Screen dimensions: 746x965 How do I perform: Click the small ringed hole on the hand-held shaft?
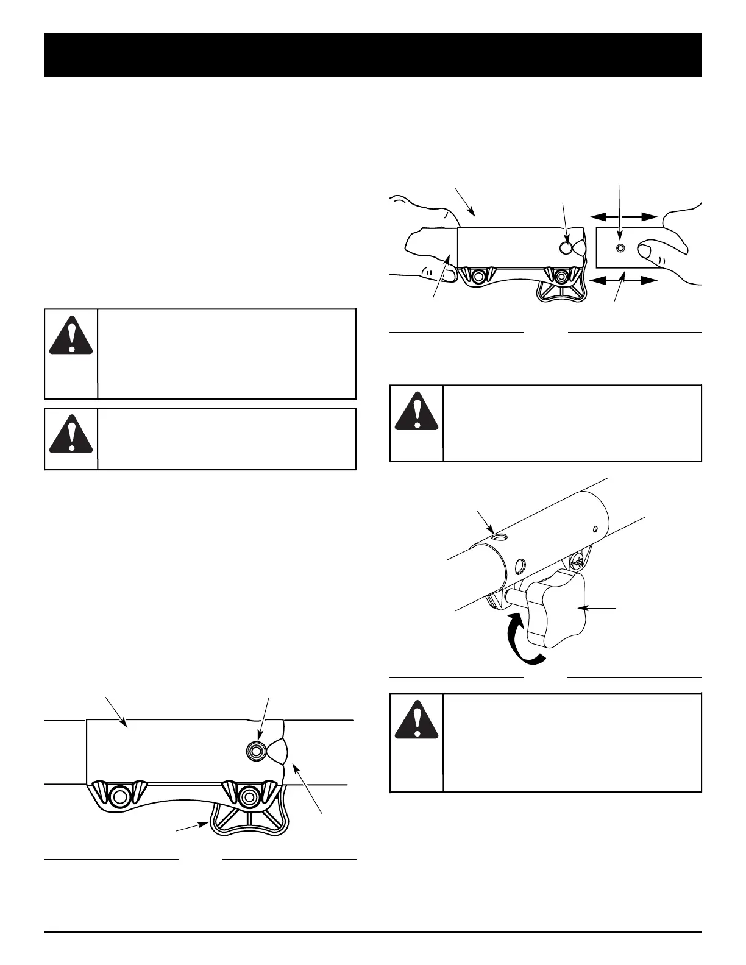(x=620, y=248)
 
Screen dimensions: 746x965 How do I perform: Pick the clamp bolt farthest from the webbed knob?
(x=119, y=796)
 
